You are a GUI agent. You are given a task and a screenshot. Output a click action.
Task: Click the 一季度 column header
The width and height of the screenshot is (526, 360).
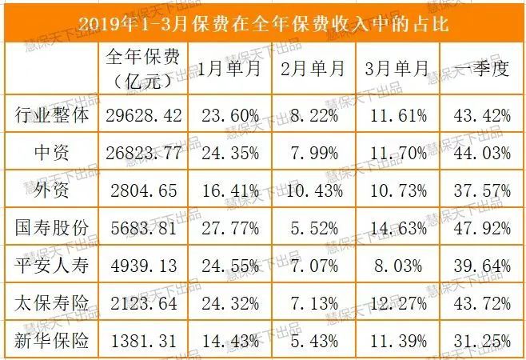tap(480, 68)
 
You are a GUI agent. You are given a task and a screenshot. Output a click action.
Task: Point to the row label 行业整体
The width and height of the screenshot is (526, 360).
tap(51, 114)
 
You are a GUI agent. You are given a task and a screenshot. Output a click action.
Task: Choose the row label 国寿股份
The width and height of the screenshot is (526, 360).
tap(51, 229)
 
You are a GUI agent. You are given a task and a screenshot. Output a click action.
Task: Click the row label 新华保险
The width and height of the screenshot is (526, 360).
tap(51, 342)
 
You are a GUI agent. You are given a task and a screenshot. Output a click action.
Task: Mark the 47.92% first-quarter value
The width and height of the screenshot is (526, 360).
tap(480, 229)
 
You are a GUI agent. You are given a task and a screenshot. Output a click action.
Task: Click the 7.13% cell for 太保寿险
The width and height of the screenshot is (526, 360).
tap(313, 304)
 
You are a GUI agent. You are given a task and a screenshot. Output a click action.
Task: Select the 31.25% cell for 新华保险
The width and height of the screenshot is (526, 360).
tap(480, 342)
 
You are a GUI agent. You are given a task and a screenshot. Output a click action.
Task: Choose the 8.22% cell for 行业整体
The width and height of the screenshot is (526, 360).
tap(313, 114)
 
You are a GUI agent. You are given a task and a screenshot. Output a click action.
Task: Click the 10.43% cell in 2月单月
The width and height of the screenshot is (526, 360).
tap(313, 190)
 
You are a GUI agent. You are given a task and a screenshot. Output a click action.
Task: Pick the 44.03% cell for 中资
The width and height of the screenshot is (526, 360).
tap(480, 153)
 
